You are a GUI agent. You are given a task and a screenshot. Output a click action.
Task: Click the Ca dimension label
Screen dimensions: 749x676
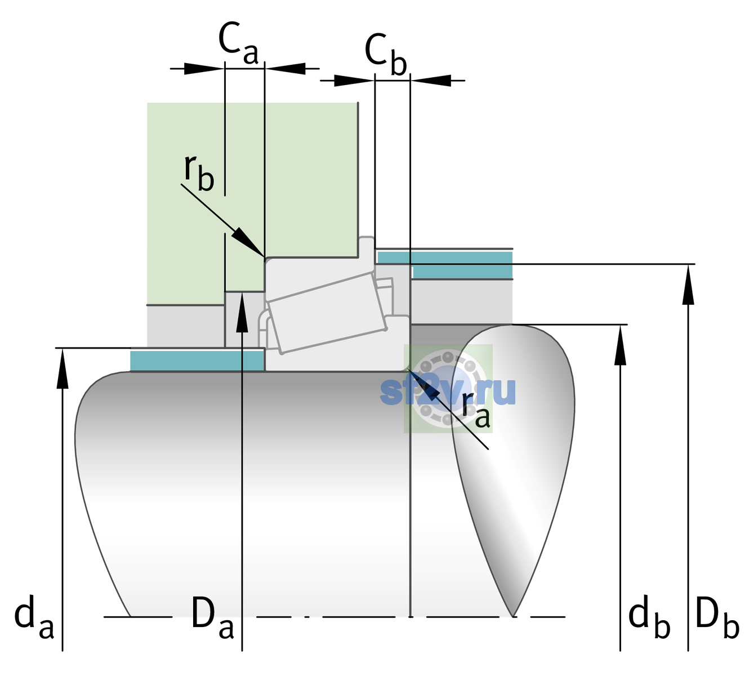[x=238, y=43]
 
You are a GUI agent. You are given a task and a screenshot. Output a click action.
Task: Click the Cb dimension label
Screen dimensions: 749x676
[x=385, y=55]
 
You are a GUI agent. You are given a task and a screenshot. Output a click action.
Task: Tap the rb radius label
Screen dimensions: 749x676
[x=199, y=172]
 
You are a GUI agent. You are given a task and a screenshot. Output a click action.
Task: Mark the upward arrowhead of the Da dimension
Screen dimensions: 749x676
[x=242, y=312]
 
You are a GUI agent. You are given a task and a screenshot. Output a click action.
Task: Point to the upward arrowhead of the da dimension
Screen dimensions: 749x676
[x=63, y=368]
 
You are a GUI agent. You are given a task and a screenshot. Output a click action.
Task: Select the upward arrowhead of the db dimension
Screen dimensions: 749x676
[x=620, y=345]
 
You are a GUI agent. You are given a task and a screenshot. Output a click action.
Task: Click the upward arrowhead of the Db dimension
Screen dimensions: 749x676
[x=688, y=284]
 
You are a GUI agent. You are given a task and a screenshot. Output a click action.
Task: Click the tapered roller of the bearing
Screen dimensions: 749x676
[x=327, y=313]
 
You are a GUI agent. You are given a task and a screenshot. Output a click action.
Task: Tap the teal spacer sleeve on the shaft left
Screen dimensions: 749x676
[x=197, y=360]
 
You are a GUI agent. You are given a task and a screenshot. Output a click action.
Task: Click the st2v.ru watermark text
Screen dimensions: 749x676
[x=448, y=390]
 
